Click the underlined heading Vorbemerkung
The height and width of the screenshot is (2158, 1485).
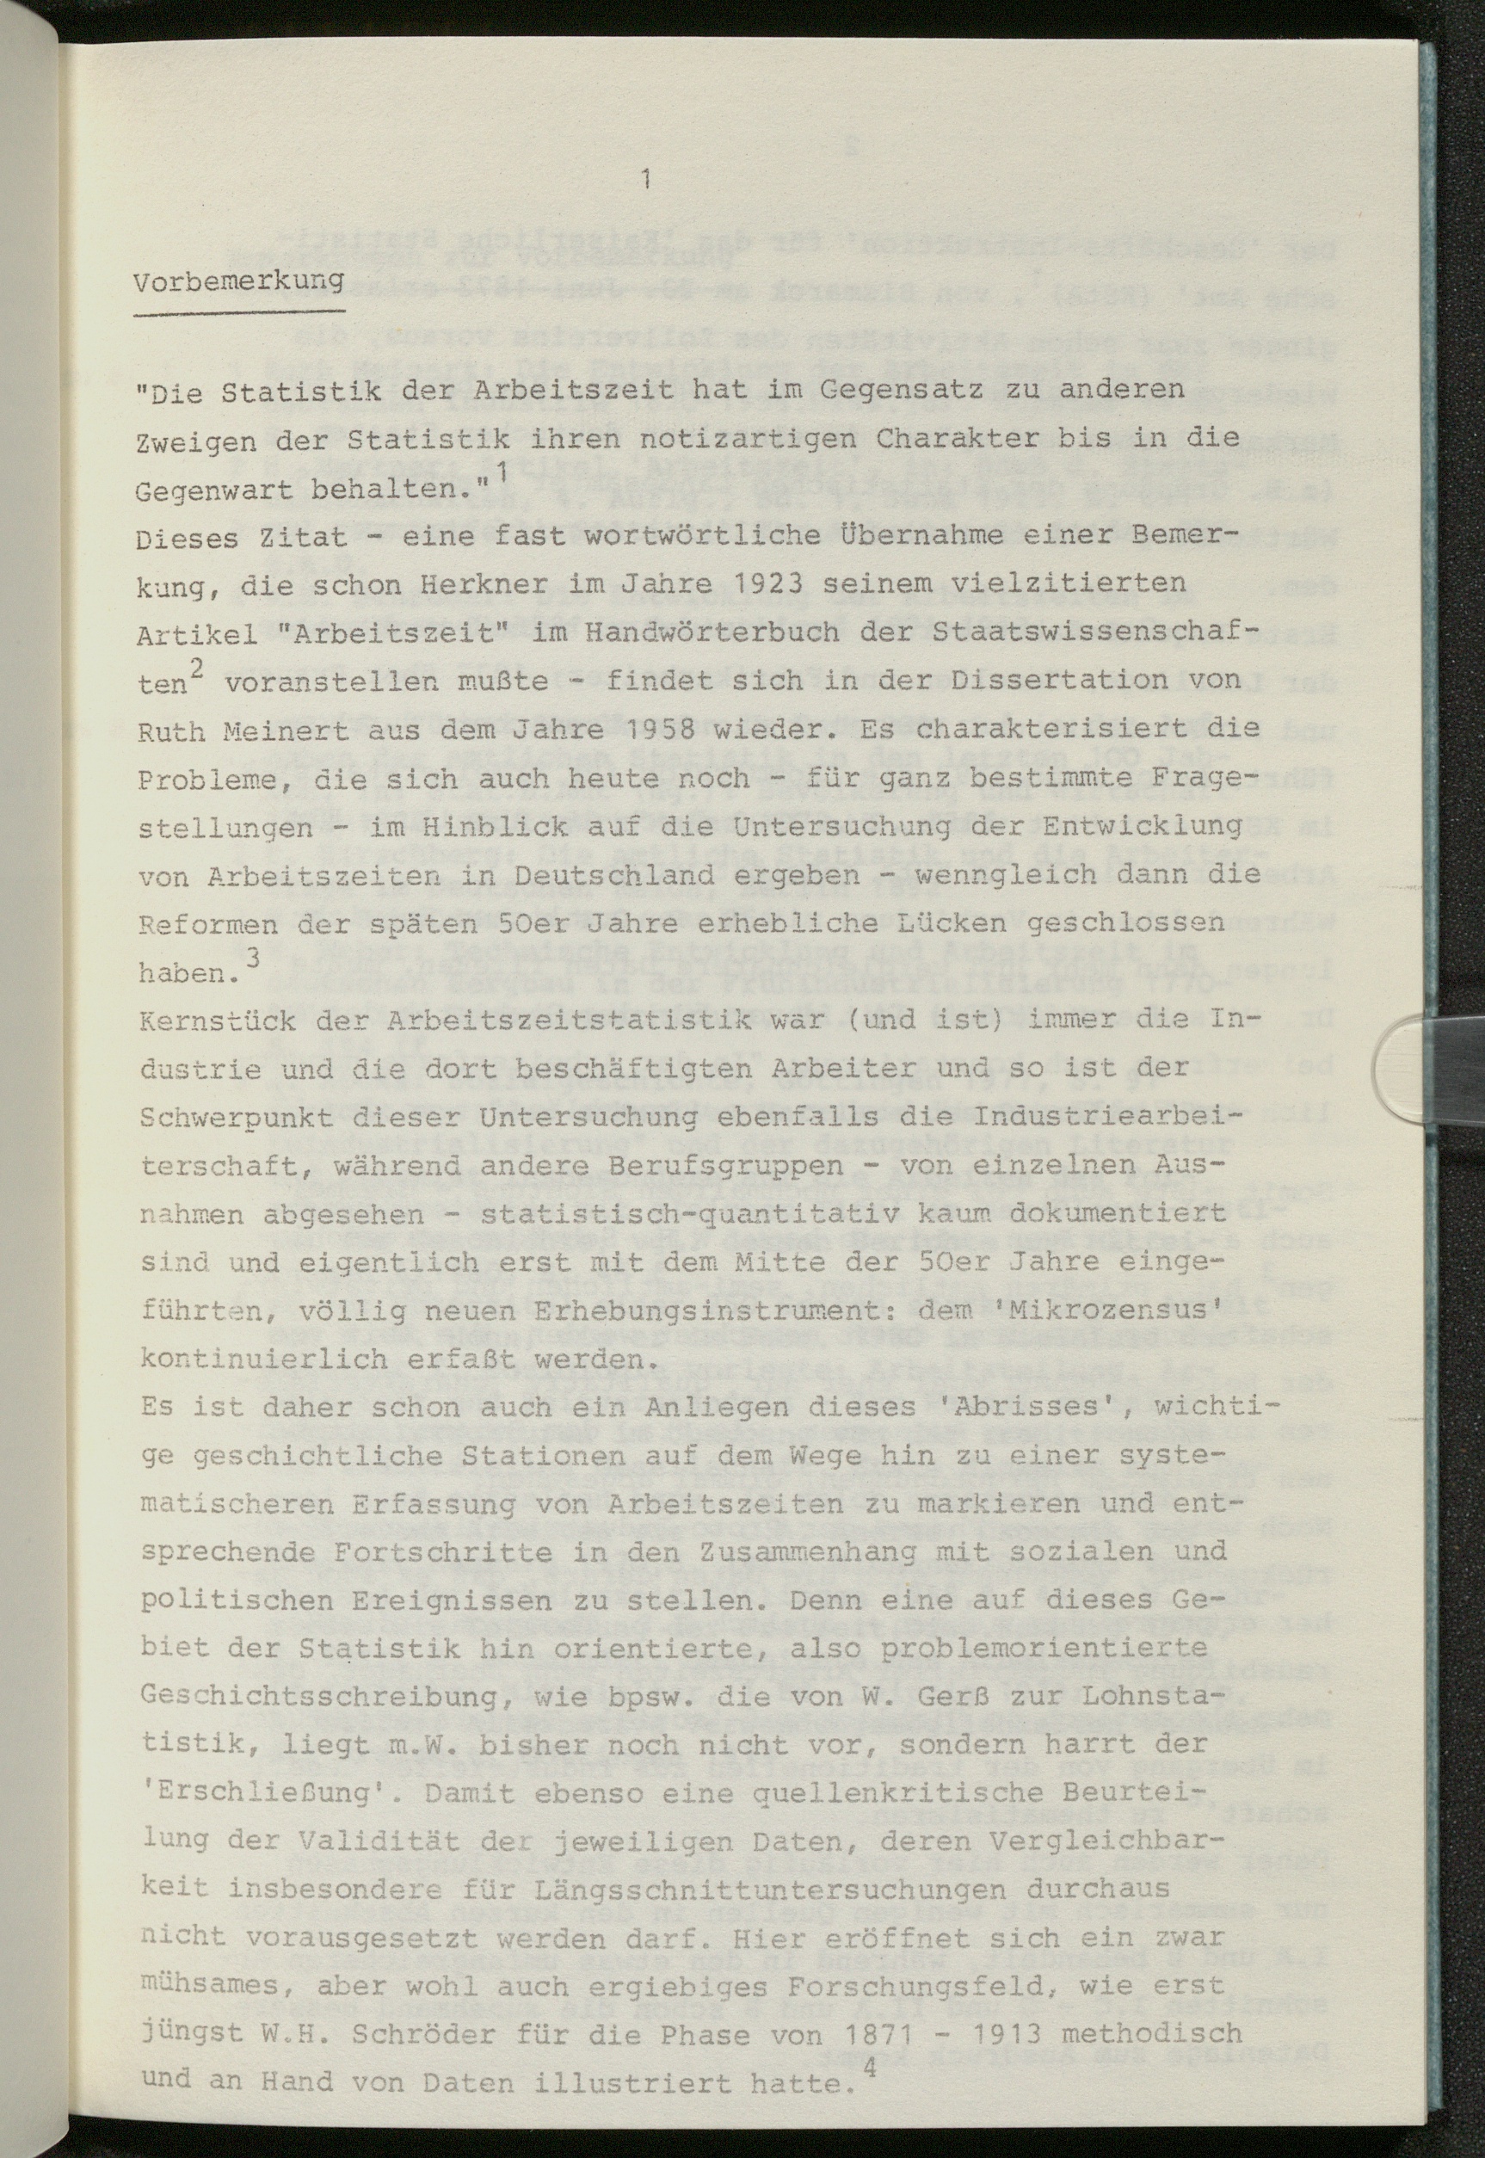point(238,281)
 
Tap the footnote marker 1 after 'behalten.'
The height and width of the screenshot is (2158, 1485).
point(502,472)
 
